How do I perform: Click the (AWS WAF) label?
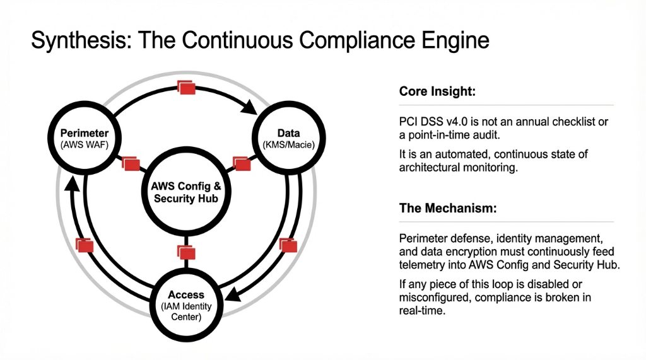pos(85,145)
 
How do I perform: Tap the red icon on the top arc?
pos(187,88)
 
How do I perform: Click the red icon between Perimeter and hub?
pos(131,164)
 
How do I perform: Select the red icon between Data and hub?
pos(241,164)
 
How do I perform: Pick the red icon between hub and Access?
pos(186,252)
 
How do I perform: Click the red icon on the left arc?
pos(85,245)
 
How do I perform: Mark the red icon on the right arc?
pos(288,245)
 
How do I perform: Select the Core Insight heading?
pos(437,92)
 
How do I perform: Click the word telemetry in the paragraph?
pos(421,265)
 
